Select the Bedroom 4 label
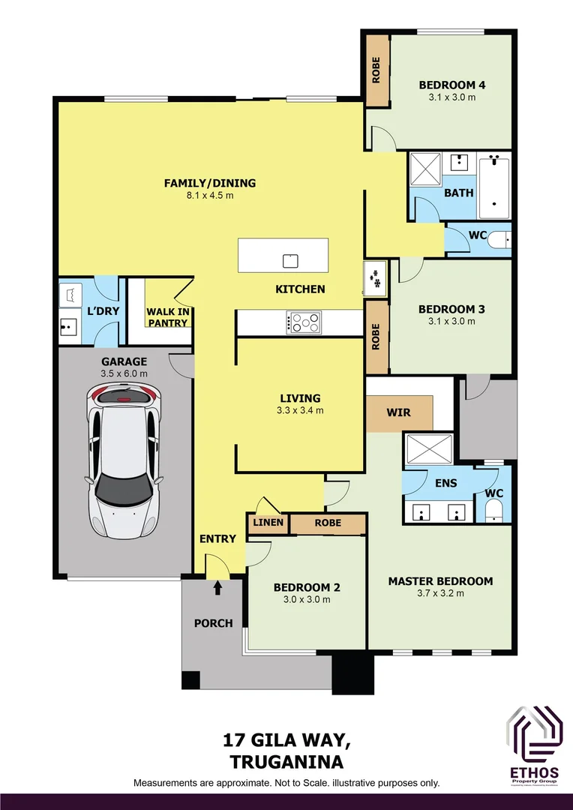click(451, 85)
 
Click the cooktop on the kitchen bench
click(304, 322)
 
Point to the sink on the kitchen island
click(290, 260)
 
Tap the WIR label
click(398, 412)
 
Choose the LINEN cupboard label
click(268, 523)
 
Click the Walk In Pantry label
click(166, 316)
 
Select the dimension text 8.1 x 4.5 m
click(210, 196)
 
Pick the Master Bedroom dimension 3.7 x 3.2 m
click(440, 593)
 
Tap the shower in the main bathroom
click(427, 169)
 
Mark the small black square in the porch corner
click(190, 679)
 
